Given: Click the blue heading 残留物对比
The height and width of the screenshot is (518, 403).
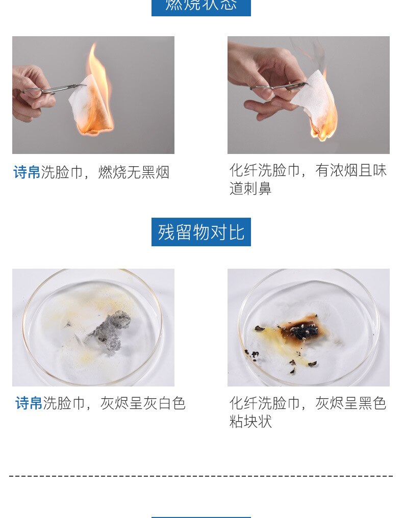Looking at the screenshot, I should click(x=201, y=232).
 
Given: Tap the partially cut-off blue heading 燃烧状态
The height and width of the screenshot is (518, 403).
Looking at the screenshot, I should click(x=201, y=6).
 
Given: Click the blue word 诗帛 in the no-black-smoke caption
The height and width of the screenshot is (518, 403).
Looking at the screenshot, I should click(x=27, y=172).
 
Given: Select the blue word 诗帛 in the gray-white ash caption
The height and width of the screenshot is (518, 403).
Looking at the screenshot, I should click(x=29, y=403).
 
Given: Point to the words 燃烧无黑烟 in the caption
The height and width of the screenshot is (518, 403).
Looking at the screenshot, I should click(x=134, y=172).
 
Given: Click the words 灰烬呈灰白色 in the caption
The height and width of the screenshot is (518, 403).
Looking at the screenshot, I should click(x=142, y=403).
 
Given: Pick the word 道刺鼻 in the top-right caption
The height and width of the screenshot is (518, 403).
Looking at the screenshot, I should click(x=250, y=189).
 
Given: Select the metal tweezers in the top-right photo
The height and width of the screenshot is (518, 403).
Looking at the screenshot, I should click(x=278, y=87).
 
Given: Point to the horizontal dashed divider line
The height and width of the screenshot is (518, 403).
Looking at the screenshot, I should click(x=201, y=476).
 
